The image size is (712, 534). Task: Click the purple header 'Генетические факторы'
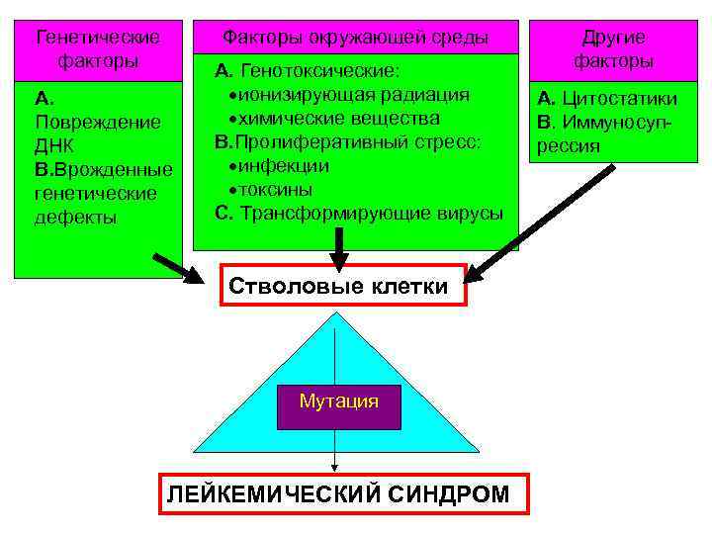click(98, 48)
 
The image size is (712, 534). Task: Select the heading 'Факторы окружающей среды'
click(355, 38)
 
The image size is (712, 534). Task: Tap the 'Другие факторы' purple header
click(613, 48)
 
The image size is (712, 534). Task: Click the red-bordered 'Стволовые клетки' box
click(339, 288)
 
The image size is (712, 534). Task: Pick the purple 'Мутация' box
click(338, 401)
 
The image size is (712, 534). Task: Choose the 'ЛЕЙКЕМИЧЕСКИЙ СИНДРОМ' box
click(338, 493)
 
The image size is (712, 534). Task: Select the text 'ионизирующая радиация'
click(347, 94)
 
